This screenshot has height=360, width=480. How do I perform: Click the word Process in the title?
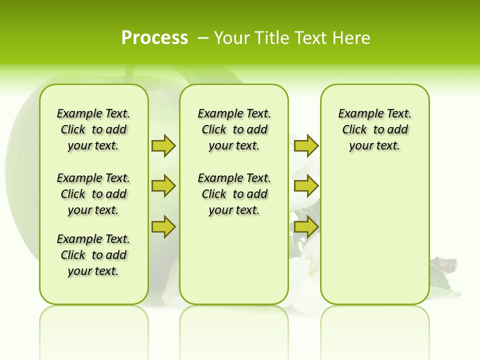pyautogui.click(x=154, y=37)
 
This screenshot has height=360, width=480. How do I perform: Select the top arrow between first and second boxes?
pyautogui.click(x=163, y=145)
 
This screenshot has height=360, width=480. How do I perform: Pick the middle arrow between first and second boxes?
pyautogui.click(x=163, y=186)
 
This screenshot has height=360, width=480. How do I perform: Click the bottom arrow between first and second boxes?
pyautogui.click(x=163, y=227)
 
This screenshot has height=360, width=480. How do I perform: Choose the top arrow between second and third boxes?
pyautogui.click(x=306, y=145)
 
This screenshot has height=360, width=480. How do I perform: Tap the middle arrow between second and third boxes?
pyautogui.click(x=306, y=186)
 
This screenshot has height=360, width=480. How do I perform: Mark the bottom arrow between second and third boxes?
pyautogui.click(x=306, y=227)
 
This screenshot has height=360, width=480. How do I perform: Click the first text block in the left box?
pyautogui.click(x=93, y=129)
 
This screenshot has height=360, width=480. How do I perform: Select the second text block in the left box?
pyautogui.click(x=93, y=194)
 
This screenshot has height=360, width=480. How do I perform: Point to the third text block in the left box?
pyautogui.click(x=93, y=255)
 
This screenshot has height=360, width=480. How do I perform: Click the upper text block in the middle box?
pyautogui.click(x=234, y=129)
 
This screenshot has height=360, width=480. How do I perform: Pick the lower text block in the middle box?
pyautogui.click(x=234, y=194)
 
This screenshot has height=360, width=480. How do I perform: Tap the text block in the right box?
pyautogui.click(x=375, y=129)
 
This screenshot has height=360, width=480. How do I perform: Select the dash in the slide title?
pyautogui.click(x=203, y=37)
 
